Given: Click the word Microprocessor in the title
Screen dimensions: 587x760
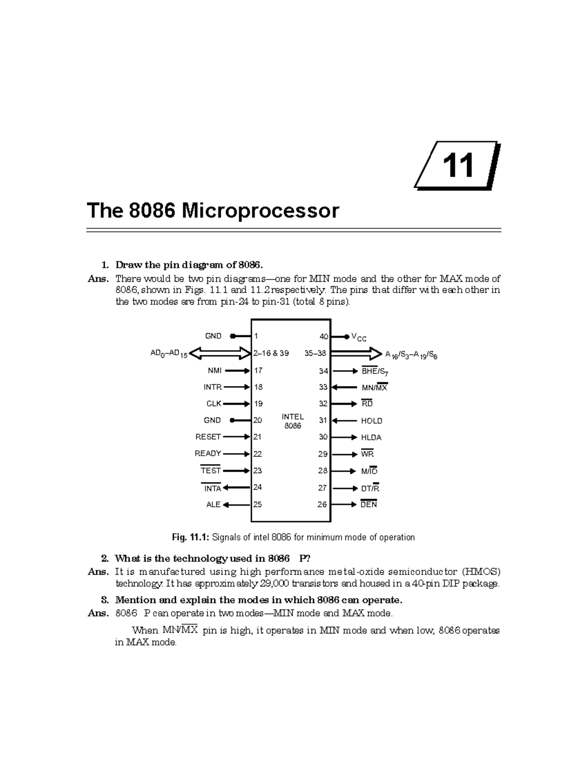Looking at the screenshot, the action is pos(260,211).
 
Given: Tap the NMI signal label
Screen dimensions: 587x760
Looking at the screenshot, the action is pos(214,371).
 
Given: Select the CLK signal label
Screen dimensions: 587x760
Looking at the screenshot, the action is pos(213,404).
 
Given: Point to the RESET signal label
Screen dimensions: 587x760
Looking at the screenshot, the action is pos(208,437).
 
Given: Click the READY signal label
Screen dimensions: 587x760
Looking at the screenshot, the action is pos(208,453).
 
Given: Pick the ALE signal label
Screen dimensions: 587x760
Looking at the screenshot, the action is pos(213,505).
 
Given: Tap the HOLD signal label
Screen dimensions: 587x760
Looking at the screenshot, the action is pos(371,421).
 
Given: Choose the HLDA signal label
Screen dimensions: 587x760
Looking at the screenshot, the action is pos(371,438).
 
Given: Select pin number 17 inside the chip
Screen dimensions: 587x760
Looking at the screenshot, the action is pos(258,371).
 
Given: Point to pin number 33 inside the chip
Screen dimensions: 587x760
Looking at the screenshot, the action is pos(323,387).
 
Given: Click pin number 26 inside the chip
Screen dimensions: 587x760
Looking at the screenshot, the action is pos(322,505).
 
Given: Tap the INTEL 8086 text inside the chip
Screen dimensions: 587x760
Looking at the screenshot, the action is pos(293,421).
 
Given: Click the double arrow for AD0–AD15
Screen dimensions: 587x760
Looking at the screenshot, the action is pos(220,353).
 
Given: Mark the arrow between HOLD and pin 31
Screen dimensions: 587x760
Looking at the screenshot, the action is pos(344,420).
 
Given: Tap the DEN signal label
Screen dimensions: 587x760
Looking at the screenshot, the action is pos(368,505).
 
